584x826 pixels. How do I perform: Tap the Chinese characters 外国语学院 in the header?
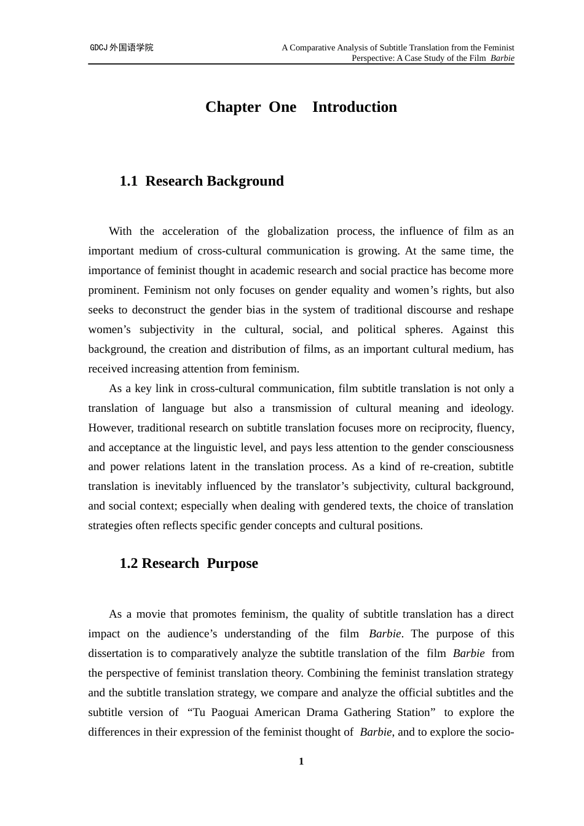[x=132, y=48]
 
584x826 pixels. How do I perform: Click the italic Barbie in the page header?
[x=502, y=58]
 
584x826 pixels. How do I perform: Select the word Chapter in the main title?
[x=233, y=107]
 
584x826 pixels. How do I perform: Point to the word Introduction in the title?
[x=354, y=107]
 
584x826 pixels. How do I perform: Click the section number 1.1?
[x=128, y=181]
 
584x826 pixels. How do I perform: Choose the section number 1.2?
[x=128, y=564]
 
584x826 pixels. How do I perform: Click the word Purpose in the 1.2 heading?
[x=232, y=564]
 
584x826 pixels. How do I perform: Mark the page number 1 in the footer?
[x=301, y=761]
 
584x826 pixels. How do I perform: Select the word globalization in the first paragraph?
[x=298, y=231]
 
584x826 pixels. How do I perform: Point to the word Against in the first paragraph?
[x=470, y=329]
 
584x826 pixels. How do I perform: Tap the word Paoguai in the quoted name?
[x=231, y=712]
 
